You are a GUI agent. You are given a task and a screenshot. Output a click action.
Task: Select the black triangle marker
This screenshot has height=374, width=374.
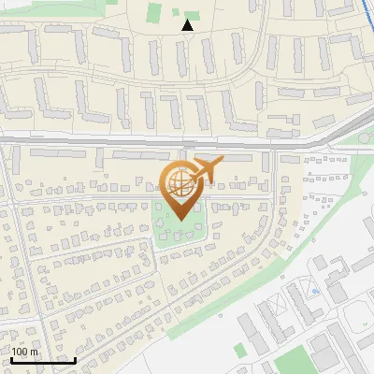188,25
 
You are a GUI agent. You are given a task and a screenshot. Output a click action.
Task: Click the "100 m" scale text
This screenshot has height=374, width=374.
25,352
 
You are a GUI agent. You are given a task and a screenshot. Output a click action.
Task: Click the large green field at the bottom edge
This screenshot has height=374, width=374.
294,361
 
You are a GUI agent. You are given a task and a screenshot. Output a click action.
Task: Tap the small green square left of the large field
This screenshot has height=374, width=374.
239,350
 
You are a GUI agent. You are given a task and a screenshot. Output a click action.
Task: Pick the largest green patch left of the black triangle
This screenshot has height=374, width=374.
153,12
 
